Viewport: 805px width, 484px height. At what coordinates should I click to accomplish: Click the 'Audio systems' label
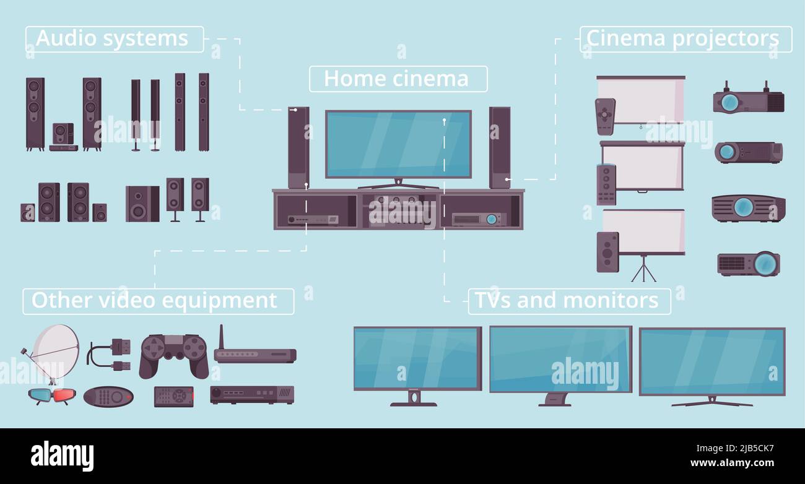click(114, 39)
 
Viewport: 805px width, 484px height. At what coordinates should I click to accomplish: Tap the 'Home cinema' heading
click(398, 79)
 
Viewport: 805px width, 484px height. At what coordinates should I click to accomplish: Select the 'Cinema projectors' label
click(685, 39)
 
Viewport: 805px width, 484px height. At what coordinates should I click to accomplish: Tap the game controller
click(173, 355)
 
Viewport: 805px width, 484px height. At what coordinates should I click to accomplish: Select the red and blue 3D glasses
click(52, 395)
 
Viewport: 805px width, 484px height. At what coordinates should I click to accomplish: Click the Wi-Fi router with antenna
click(254, 353)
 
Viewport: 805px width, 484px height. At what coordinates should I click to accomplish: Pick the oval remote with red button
click(108, 397)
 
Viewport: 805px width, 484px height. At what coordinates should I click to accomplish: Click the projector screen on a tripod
click(643, 238)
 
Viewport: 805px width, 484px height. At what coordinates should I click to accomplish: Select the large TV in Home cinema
click(398, 144)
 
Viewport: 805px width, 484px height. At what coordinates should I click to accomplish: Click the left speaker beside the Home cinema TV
click(298, 147)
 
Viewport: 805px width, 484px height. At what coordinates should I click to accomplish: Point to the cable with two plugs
click(110, 355)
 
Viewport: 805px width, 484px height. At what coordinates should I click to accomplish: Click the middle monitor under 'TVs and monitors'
click(560, 360)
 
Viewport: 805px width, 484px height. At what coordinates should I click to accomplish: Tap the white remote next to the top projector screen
click(605, 116)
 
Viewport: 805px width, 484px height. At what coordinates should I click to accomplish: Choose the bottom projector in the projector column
click(749, 264)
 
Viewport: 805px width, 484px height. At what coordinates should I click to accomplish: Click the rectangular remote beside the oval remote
click(173, 397)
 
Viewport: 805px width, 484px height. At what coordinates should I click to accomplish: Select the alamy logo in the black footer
click(62, 456)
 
